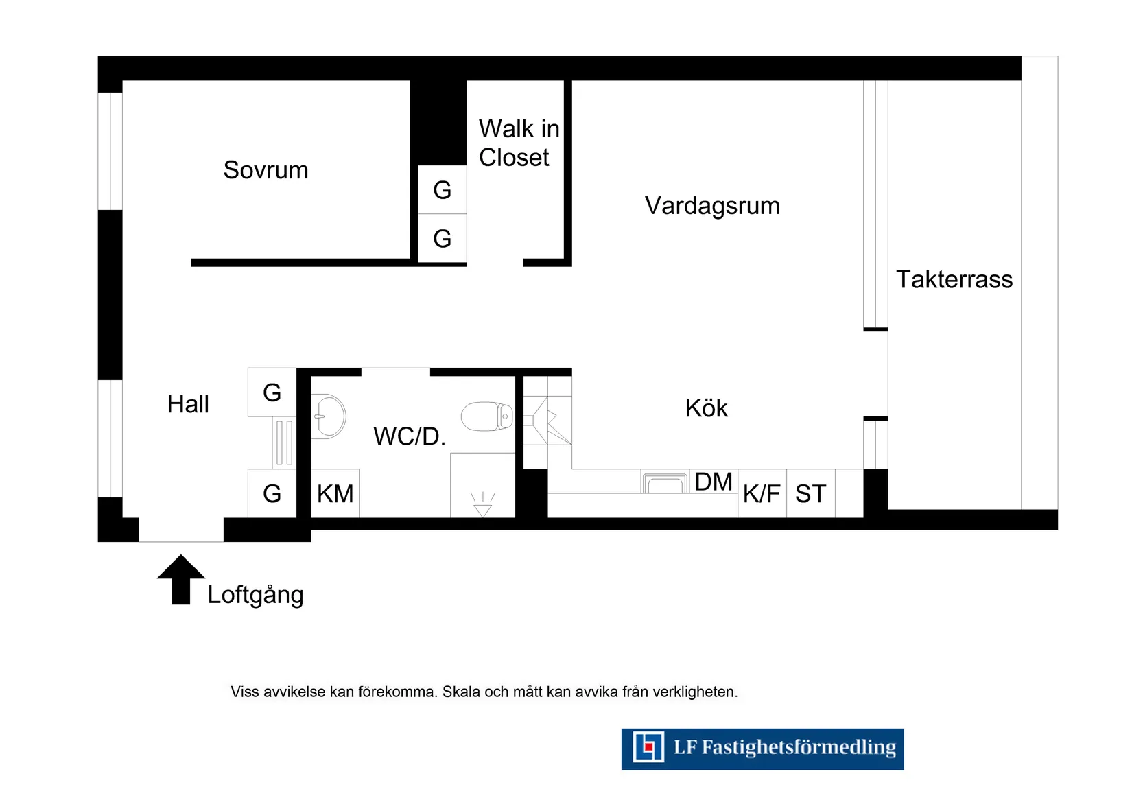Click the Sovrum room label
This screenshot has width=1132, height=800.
pyautogui.click(x=266, y=170)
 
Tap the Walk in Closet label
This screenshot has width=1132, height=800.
pyautogui.click(x=518, y=143)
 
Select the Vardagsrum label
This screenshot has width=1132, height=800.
pyautogui.click(x=712, y=206)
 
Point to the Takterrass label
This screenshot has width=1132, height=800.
pyautogui.click(x=954, y=279)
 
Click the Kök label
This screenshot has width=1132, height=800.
pyautogui.click(x=706, y=408)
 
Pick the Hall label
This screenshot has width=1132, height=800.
pyautogui.click(x=187, y=404)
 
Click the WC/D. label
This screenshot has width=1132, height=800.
pyautogui.click(x=410, y=436)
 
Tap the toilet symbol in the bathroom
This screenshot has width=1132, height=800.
pyautogui.click(x=487, y=416)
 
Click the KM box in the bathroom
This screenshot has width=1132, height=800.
pyautogui.click(x=335, y=493)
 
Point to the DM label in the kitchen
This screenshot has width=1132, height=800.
pyautogui.click(x=714, y=482)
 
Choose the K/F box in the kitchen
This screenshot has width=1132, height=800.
pyautogui.click(x=762, y=493)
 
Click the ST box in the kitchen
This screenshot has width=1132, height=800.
pyautogui.click(x=810, y=493)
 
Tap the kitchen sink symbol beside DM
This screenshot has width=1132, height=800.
pyautogui.click(x=665, y=484)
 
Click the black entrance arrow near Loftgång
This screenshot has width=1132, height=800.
pyautogui.click(x=181, y=580)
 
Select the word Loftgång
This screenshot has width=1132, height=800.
pyautogui.click(x=255, y=595)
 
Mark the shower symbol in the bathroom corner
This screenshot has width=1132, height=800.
pyautogui.click(x=483, y=504)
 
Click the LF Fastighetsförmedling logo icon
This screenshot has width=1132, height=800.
pyautogui.click(x=648, y=747)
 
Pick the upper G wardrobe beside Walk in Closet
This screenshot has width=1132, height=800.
pyautogui.click(x=443, y=190)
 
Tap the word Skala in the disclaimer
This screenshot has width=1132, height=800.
pyautogui.click(x=461, y=692)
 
